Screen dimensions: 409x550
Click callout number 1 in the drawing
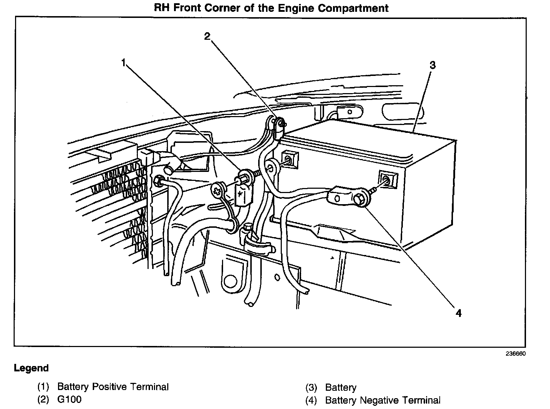[124, 63]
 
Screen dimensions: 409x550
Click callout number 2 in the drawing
[208, 36]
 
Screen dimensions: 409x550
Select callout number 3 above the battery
[433, 65]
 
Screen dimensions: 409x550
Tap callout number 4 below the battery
[458, 313]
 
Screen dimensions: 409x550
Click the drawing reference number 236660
[516, 353]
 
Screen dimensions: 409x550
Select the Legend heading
[31, 368]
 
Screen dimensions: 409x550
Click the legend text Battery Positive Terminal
[113, 387]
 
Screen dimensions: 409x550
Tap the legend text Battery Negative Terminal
[383, 400]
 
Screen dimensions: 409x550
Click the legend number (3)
[311, 388]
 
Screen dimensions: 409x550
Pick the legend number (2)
[43, 399]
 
